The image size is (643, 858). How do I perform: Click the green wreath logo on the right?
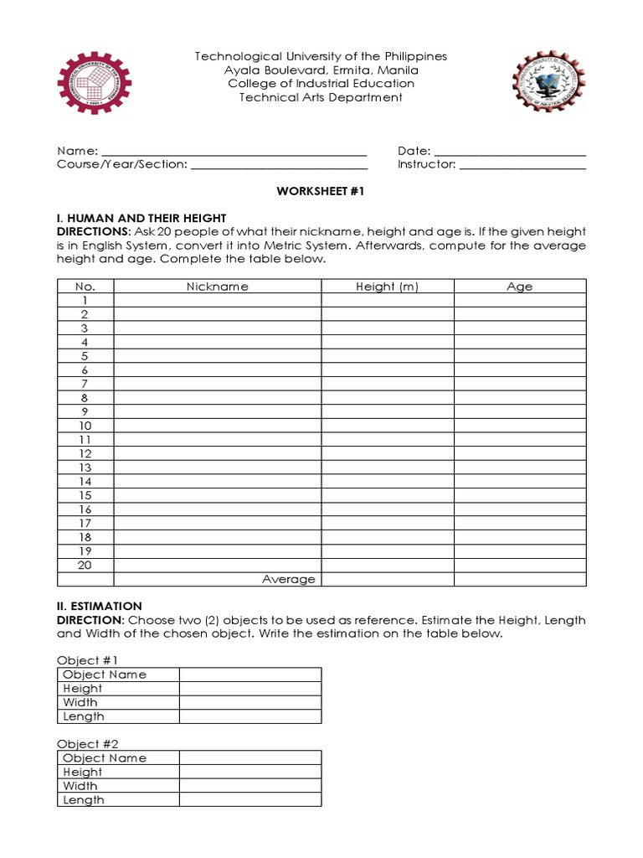coord(547,82)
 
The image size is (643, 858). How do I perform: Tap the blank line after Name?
coord(234,152)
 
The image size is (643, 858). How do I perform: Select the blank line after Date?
coord(510,152)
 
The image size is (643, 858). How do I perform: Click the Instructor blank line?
coord(522,166)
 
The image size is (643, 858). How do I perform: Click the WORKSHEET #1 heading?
coord(321,192)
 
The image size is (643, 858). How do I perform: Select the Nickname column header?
coord(218,287)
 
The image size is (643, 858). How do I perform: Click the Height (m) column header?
coord(387,287)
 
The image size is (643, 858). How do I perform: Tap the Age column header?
coord(519,287)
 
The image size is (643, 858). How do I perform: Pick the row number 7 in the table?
coord(85,384)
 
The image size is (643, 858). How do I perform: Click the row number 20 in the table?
coord(85,565)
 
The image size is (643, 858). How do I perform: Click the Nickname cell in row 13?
coord(218,468)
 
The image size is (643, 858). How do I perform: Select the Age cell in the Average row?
coord(519,579)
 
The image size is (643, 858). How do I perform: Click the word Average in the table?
coord(289,579)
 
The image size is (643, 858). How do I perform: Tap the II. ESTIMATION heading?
coord(100,606)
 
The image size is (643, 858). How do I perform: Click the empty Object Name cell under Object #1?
coord(249,675)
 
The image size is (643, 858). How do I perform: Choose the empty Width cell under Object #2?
coord(249,786)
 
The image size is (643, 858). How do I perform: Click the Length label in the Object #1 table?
coord(84,716)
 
